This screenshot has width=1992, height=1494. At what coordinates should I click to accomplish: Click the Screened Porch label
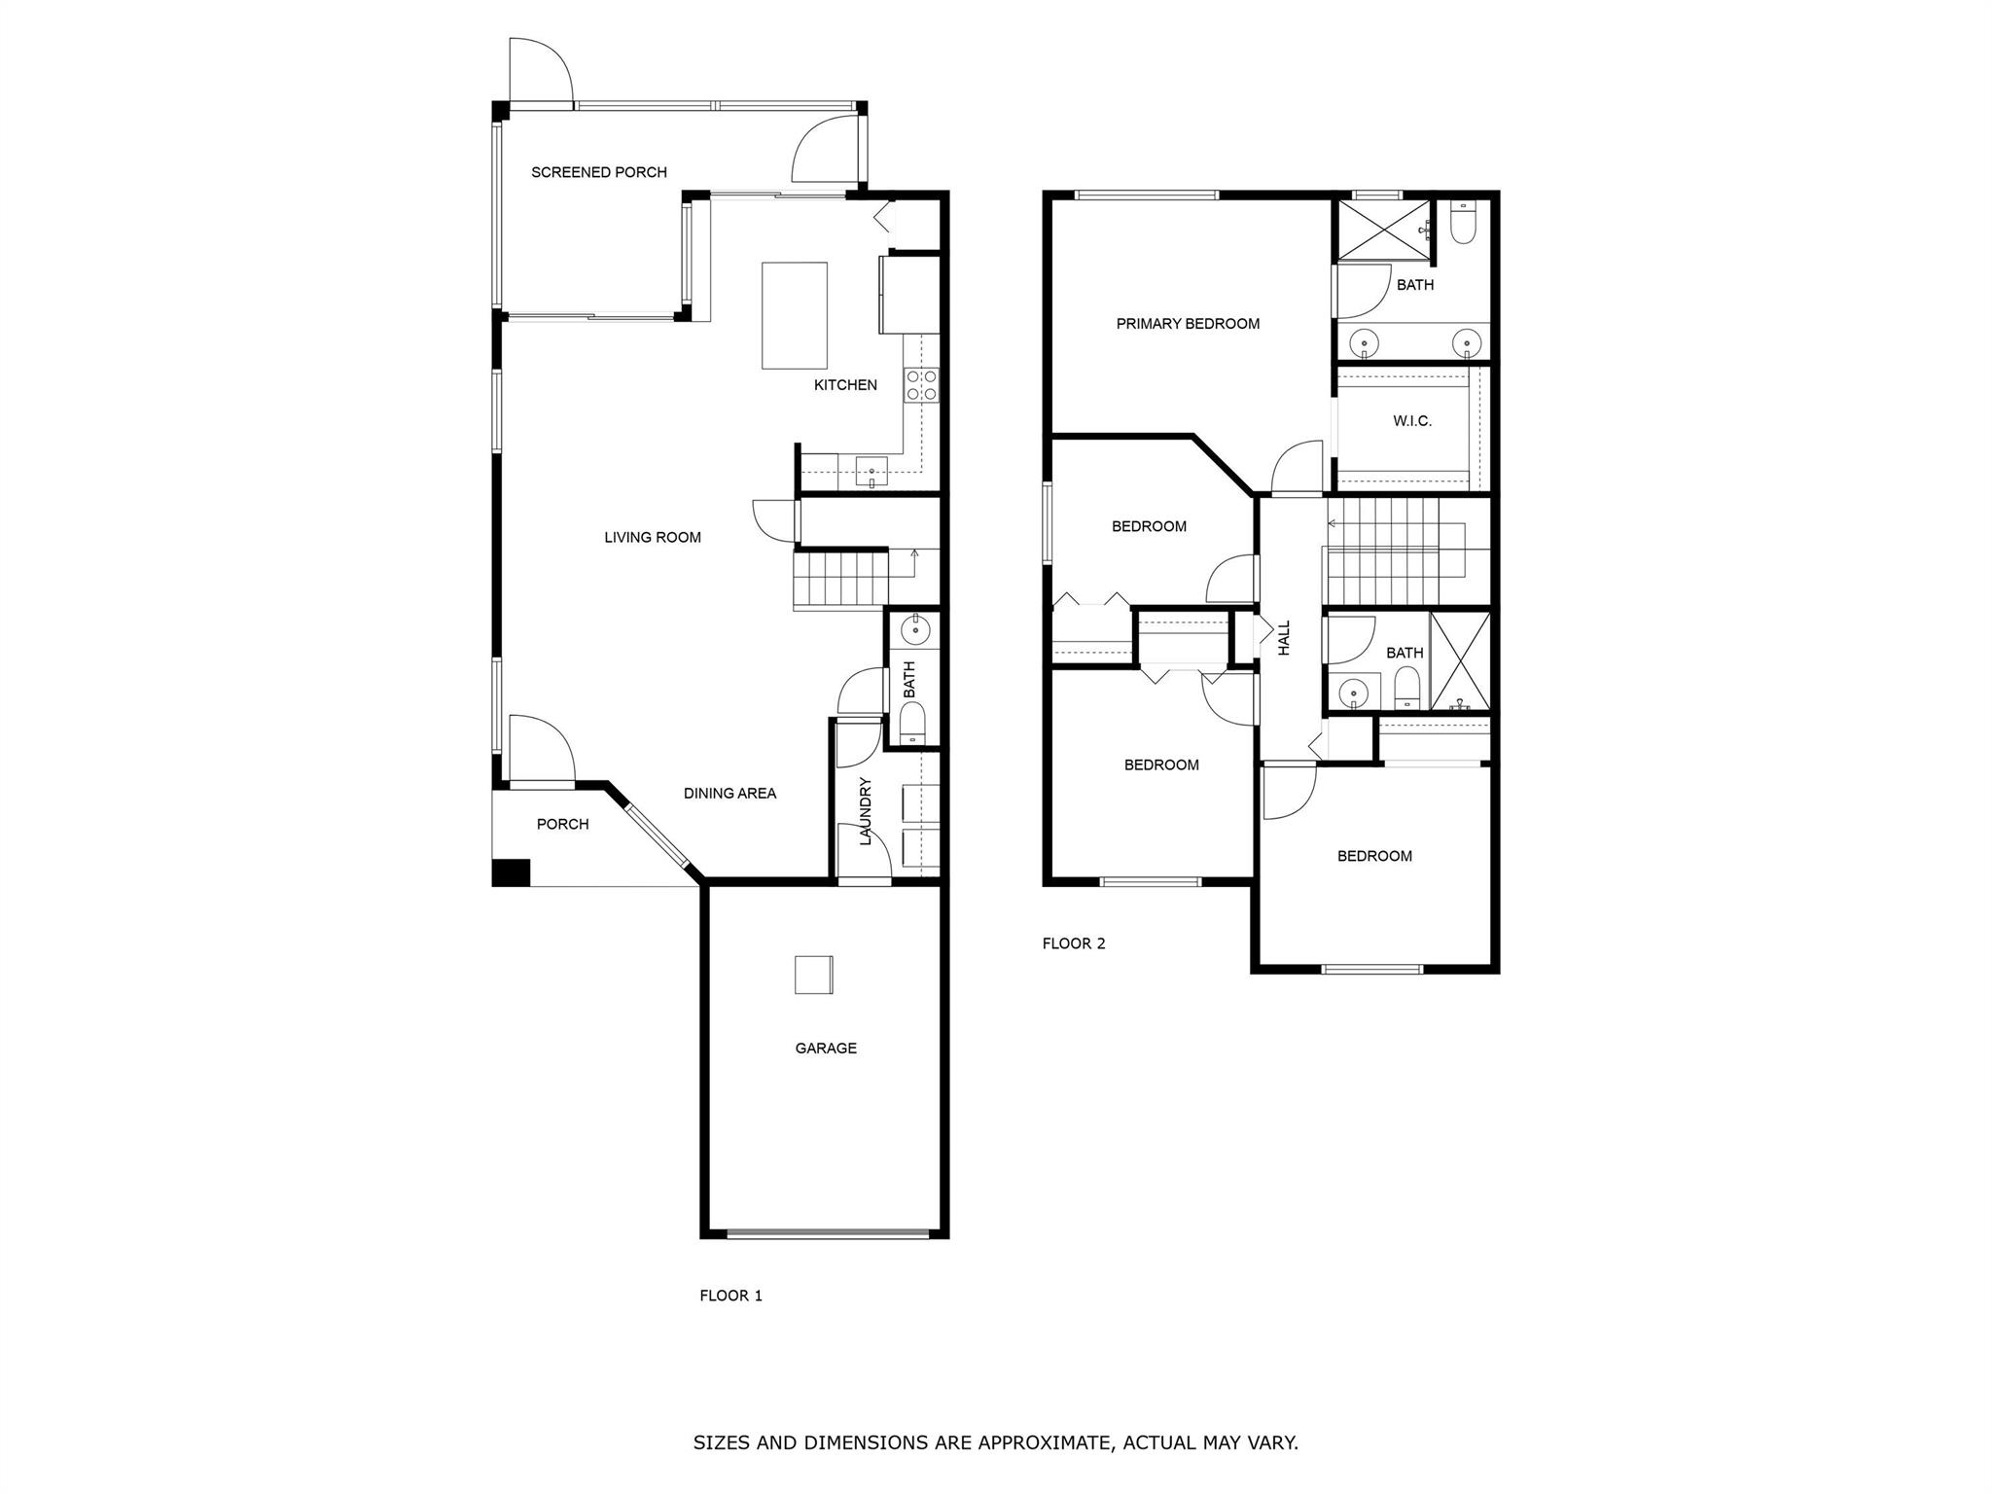click(x=599, y=172)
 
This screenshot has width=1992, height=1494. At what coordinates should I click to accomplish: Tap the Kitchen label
click(x=845, y=385)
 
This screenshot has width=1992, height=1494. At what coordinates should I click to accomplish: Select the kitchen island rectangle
click(x=795, y=315)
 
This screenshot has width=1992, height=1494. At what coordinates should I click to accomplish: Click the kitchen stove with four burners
click(x=921, y=384)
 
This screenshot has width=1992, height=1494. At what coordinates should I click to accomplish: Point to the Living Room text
click(x=653, y=537)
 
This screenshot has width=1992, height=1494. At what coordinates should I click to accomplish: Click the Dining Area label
click(x=729, y=794)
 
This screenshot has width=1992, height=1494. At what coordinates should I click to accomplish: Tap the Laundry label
click(x=866, y=810)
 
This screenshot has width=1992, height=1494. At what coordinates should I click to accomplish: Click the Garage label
click(x=826, y=1049)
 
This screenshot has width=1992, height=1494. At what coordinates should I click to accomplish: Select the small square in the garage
click(x=813, y=975)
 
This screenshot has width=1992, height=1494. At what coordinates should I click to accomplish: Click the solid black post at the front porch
click(x=511, y=872)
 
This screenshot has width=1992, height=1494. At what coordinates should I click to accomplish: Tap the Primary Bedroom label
click(x=1188, y=324)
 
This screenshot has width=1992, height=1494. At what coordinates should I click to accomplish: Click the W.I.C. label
click(x=1412, y=421)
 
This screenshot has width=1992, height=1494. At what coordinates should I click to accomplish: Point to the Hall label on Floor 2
click(x=1284, y=638)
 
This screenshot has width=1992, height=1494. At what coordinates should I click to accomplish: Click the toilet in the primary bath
click(x=1462, y=224)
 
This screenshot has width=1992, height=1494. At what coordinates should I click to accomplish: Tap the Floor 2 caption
click(x=1074, y=943)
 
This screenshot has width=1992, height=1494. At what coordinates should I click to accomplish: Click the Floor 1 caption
click(x=731, y=1296)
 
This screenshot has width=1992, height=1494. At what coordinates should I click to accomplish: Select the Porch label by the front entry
click(x=563, y=825)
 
